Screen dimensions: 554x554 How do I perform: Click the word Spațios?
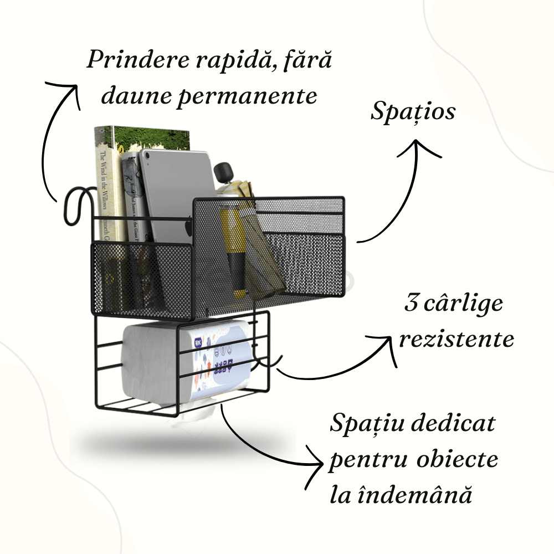413,112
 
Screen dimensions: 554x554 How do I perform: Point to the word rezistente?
456,338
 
